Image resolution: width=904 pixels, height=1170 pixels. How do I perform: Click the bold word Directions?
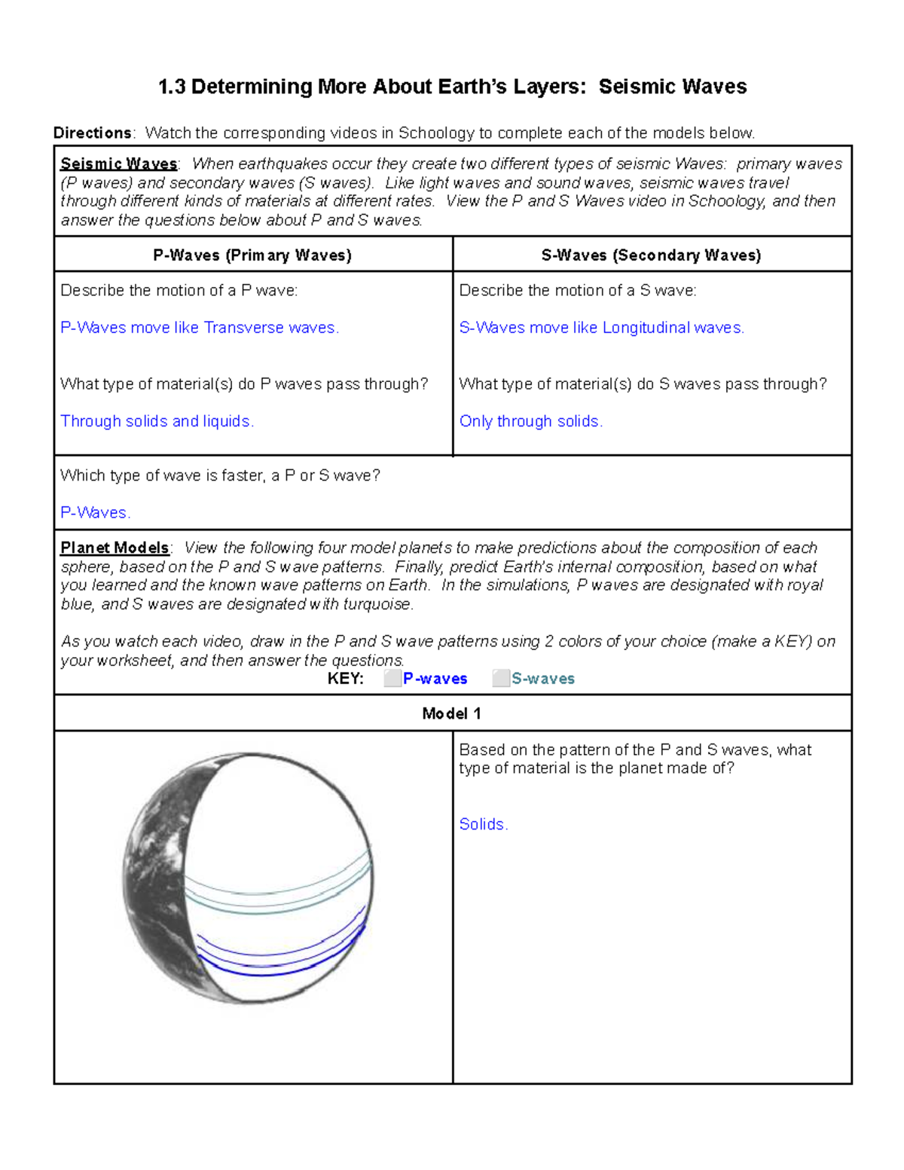click(x=93, y=133)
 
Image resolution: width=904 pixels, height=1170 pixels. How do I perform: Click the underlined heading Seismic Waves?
click(x=118, y=164)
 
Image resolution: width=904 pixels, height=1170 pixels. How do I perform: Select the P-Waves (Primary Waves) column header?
click(x=252, y=255)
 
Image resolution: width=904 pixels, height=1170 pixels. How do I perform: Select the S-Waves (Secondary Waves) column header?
click(x=651, y=255)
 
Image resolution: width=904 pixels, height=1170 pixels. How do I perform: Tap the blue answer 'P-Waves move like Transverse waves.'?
click(x=200, y=328)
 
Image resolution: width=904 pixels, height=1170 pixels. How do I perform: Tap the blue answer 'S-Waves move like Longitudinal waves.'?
click(x=601, y=328)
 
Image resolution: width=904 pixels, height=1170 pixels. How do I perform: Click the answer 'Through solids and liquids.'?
click(x=157, y=421)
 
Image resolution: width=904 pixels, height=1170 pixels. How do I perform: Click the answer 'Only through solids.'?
click(x=530, y=421)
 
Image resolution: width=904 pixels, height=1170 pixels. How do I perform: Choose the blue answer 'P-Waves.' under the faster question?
click(x=95, y=513)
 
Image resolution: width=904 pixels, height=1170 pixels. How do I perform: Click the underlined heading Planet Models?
click(x=115, y=548)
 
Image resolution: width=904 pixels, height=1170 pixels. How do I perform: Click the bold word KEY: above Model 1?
click(x=345, y=679)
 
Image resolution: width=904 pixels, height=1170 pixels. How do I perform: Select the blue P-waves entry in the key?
click(x=435, y=679)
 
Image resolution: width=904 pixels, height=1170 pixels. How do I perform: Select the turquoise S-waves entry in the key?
click(x=542, y=679)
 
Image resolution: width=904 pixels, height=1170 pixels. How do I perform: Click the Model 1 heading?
click(x=451, y=713)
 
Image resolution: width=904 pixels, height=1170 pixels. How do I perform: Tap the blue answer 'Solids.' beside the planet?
click(x=484, y=824)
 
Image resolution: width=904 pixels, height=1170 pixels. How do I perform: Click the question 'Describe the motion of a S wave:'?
click(x=577, y=291)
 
